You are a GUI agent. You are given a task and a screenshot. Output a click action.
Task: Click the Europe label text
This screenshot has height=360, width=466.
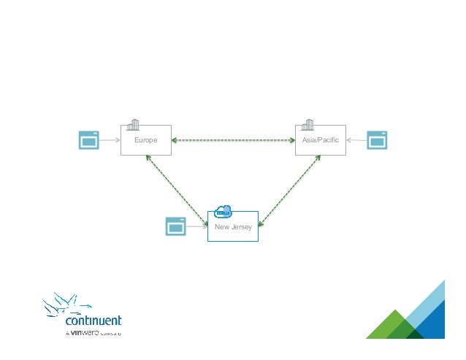point(145,139)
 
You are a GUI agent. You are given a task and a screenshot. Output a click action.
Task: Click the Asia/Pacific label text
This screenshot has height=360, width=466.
point(320,139)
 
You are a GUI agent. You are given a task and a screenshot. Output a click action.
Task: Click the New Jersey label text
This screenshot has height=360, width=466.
point(233,227)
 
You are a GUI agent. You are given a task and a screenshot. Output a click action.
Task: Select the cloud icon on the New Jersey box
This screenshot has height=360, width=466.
point(223,211)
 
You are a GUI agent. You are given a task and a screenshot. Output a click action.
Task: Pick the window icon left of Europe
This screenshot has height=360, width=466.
point(88,139)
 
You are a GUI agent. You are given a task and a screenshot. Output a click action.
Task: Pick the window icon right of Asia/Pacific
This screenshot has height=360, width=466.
point(377,139)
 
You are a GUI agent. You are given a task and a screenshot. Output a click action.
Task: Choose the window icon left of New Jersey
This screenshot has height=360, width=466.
point(176,226)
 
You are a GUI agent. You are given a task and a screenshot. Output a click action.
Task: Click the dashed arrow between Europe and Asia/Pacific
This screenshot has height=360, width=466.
point(233,139)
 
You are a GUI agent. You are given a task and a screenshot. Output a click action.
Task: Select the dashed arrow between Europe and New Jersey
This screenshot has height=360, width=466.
point(177,188)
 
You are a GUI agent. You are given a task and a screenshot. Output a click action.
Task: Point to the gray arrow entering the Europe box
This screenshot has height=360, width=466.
point(110,139)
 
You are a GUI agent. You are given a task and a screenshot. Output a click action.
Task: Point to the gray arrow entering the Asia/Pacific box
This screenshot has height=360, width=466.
point(356,139)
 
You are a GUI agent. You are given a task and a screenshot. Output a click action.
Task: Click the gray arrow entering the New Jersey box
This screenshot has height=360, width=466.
point(197,226)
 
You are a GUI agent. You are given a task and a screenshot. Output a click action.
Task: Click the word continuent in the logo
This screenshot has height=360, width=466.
point(93,321)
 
